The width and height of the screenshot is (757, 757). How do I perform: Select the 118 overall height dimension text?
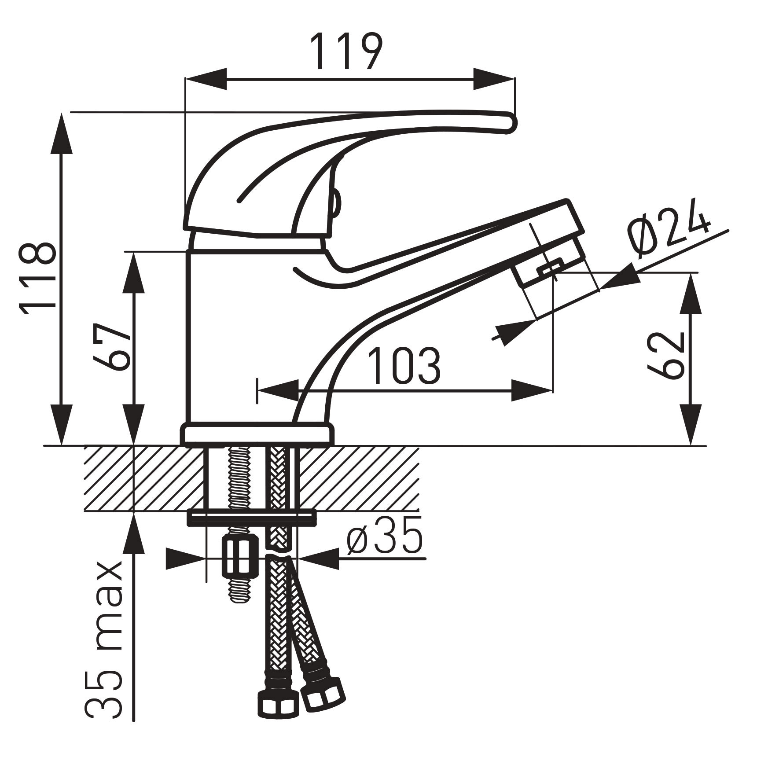(x=38, y=279)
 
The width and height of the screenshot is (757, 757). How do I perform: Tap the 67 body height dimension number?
(x=112, y=347)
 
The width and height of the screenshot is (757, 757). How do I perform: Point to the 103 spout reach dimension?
(x=404, y=366)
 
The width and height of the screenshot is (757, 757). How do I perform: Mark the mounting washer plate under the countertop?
(x=252, y=518)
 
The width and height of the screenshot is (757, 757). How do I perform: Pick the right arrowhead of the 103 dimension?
(x=533, y=390)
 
